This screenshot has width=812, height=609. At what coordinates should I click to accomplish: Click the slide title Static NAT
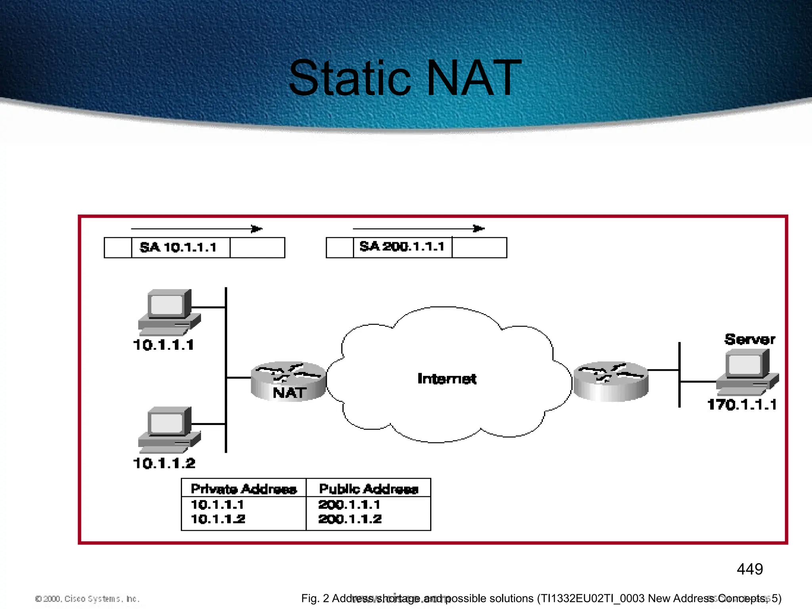click(x=405, y=78)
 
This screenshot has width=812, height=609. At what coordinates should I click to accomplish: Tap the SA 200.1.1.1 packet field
click(x=402, y=247)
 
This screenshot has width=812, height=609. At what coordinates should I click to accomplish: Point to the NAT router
click(x=289, y=381)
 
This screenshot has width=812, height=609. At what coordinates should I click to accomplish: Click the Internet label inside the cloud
click(x=447, y=379)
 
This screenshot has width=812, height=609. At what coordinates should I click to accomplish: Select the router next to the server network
click(x=611, y=381)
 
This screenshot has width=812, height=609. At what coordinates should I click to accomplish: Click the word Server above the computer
click(x=749, y=339)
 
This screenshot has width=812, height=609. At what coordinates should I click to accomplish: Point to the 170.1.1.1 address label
click(x=742, y=405)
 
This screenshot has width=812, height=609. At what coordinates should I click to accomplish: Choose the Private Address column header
click(x=243, y=489)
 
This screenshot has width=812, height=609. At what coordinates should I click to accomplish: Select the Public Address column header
click(x=368, y=489)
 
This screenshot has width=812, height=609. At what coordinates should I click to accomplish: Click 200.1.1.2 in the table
click(x=350, y=519)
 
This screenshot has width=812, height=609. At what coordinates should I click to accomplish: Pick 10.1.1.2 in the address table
click(x=218, y=519)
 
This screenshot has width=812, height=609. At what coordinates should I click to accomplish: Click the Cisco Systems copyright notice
click(x=87, y=599)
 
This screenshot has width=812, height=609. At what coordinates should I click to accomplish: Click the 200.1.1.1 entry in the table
click(x=349, y=505)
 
